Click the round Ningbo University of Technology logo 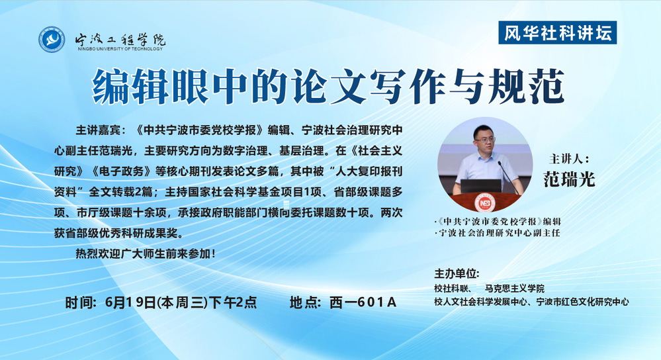coord(52,40)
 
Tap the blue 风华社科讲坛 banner coord(557,32)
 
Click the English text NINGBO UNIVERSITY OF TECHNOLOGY coord(120,49)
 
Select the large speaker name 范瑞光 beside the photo coord(569,179)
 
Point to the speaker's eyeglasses coord(484,140)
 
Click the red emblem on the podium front coord(482,202)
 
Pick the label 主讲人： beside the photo coord(569,159)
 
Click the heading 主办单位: coord(457,273)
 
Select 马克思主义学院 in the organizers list coord(514,289)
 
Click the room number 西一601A coord(363,302)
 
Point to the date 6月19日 coord(131,302)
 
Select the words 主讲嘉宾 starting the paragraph coord(97,130)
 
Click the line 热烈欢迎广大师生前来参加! coord(146,253)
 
